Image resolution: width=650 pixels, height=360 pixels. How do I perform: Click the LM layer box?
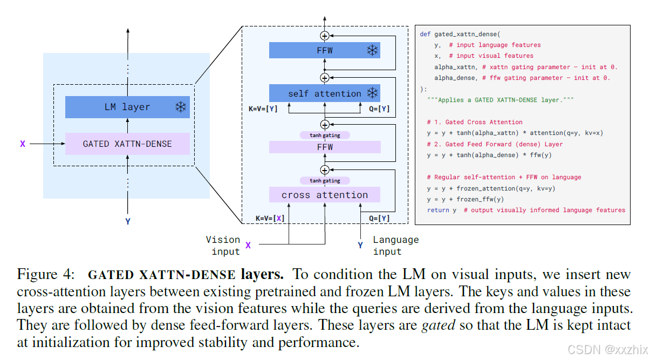click(x=127, y=107)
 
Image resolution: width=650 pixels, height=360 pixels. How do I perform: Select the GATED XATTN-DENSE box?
click(x=127, y=144)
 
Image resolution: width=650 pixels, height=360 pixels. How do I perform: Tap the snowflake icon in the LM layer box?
click(x=180, y=107)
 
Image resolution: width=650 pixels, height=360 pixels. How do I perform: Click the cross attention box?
click(x=325, y=195)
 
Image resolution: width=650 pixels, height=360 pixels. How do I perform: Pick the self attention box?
click(x=324, y=93)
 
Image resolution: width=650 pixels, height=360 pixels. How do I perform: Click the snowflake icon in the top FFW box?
click(x=372, y=51)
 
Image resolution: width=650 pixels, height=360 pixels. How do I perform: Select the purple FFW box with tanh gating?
click(x=325, y=147)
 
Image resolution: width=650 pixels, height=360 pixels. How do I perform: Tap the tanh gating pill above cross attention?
click(x=325, y=180)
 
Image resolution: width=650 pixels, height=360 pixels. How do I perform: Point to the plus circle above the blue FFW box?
click(x=325, y=36)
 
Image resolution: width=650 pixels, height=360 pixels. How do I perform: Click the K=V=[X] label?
click(x=270, y=218)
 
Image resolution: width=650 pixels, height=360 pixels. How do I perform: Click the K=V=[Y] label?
click(x=263, y=109)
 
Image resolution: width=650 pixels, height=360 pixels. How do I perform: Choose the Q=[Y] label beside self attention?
click(x=378, y=109)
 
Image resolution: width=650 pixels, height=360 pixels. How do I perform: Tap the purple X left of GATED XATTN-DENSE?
click(x=23, y=144)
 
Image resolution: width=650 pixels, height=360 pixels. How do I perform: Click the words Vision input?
click(x=223, y=246)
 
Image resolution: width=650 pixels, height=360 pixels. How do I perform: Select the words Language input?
click(x=395, y=246)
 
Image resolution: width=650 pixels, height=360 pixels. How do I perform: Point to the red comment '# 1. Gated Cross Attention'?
click(x=474, y=122)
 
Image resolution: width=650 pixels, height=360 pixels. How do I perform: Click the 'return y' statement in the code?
click(x=442, y=210)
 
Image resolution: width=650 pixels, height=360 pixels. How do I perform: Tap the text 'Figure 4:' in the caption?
click(x=45, y=275)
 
